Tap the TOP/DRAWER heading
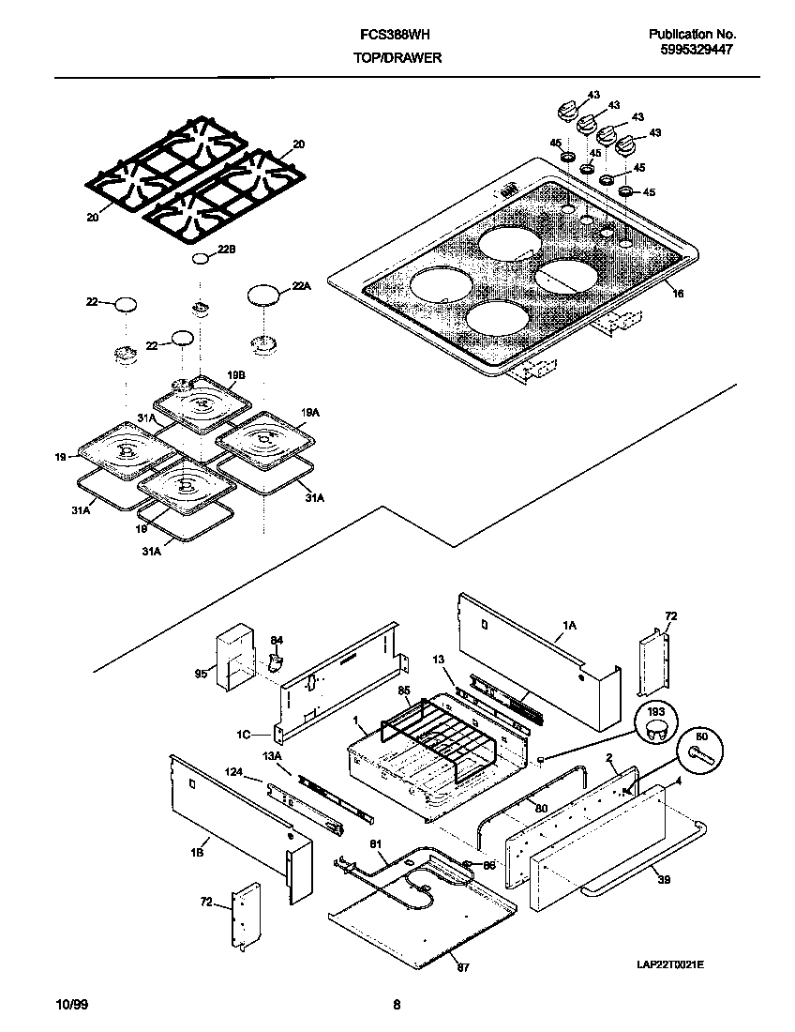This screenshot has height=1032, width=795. pos(397,57)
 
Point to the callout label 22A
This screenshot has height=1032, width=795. pos(300,286)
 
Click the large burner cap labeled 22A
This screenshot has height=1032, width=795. pos(264,296)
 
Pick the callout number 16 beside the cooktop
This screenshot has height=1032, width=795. pos(678,294)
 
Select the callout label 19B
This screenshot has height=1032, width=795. pos(235,374)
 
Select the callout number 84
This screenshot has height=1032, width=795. pos(276,641)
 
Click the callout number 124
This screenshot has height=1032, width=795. pos(233,773)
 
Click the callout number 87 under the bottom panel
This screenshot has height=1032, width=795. pos(460,966)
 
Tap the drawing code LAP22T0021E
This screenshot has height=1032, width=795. pos(670,964)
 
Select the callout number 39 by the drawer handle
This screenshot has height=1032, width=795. pos(664,881)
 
